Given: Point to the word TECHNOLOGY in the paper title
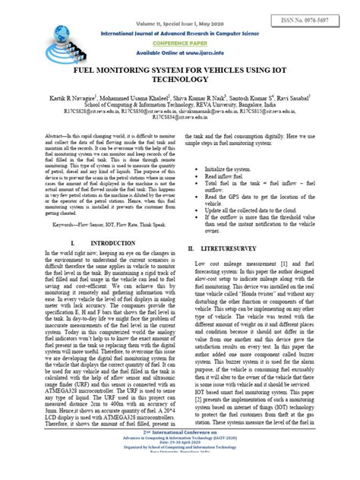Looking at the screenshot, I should point(180,79).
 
